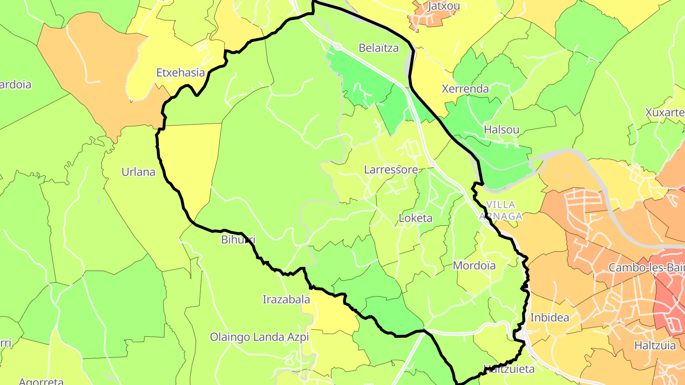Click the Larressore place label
(x=391, y=170)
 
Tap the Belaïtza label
(x=379, y=48)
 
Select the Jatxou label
(x=443, y=6)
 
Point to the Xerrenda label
(x=465, y=89)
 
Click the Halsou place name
(x=501, y=130)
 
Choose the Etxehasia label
(x=181, y=73)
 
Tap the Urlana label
(x=138, y=172)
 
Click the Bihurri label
(x=238, y=240)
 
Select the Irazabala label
(x=286, y=299)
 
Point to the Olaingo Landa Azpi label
(x=260, y=337)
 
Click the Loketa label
(x=415, y=219)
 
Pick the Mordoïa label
(x=474, y=266)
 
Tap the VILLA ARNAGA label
(x=501, y=211)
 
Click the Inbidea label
(x=549, y=318)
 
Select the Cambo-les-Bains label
(x=646, y=268)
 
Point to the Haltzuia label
(x=655, y=346)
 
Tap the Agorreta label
(x=41, y=381)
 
